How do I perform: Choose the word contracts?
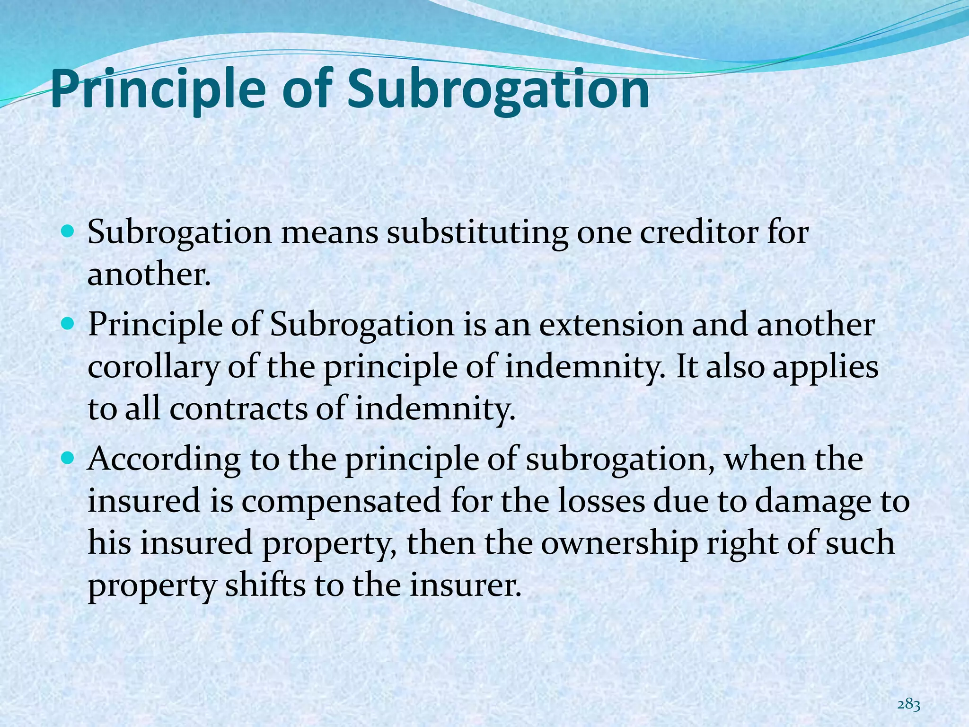(x=238, y=408)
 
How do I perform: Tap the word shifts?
(x=265, y=585)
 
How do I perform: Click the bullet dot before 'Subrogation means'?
(x=68, y=233)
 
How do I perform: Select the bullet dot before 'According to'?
(x=68, y=458)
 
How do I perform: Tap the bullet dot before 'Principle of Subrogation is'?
(x=68, y=324)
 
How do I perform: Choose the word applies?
(x=825, y=368)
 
